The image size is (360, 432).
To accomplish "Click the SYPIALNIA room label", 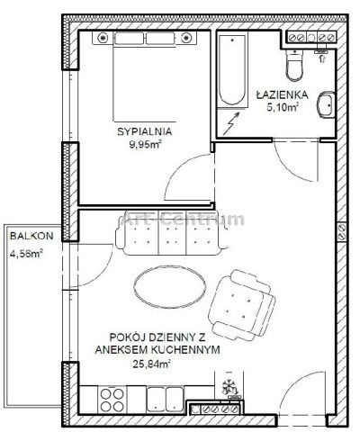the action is (x=144, y=131).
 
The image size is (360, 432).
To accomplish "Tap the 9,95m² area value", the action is (x=145, y=145).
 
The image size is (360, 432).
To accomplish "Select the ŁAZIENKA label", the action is (x=282, y=94).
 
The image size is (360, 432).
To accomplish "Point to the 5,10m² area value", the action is (x=283, y=107).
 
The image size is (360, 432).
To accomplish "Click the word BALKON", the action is (x=31, y=236).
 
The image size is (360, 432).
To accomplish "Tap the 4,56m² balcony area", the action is (x=26, y=254).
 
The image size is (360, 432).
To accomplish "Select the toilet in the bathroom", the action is (x=294, y=66).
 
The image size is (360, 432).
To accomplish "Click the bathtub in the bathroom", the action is (x=232, y=71).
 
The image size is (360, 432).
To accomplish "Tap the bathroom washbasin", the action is (x=326, y=104).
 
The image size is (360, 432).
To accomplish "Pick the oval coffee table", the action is (x=170, y=287).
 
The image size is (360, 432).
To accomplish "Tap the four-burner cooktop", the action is (x=112, y=400).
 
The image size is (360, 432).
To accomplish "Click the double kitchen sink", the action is (x=165, y=400).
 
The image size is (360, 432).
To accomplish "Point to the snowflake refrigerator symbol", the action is (x=229, y=387).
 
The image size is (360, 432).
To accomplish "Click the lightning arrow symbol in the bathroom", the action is (x=232, y=123).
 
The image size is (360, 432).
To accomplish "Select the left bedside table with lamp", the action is (x=103, y=38).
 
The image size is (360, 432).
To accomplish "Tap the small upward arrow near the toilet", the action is (x=322, y=58).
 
